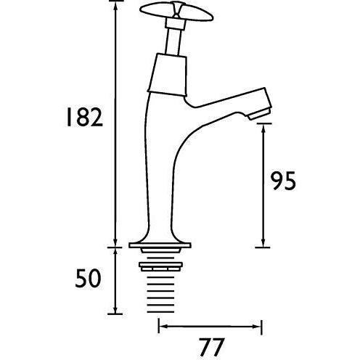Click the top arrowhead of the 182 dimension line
coord(115,6)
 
